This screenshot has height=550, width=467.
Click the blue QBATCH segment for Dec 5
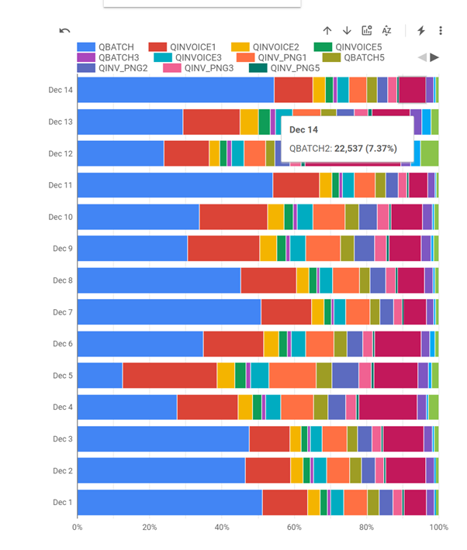99,375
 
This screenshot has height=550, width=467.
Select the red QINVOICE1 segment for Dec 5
169,375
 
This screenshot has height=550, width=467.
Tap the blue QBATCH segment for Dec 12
120,153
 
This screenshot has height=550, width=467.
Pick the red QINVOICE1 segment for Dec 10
233,217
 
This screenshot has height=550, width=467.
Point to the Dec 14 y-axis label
60,90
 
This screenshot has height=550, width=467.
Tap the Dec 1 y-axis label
62,502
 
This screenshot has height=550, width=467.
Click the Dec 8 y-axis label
62,280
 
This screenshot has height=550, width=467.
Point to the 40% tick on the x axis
222,528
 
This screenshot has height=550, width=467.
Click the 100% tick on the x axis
439,528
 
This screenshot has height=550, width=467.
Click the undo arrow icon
64,31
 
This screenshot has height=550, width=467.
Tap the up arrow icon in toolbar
327,31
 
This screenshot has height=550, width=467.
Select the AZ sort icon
387,31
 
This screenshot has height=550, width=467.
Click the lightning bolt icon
421,31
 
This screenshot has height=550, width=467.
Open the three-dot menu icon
441,31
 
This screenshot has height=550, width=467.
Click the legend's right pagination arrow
434,57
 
